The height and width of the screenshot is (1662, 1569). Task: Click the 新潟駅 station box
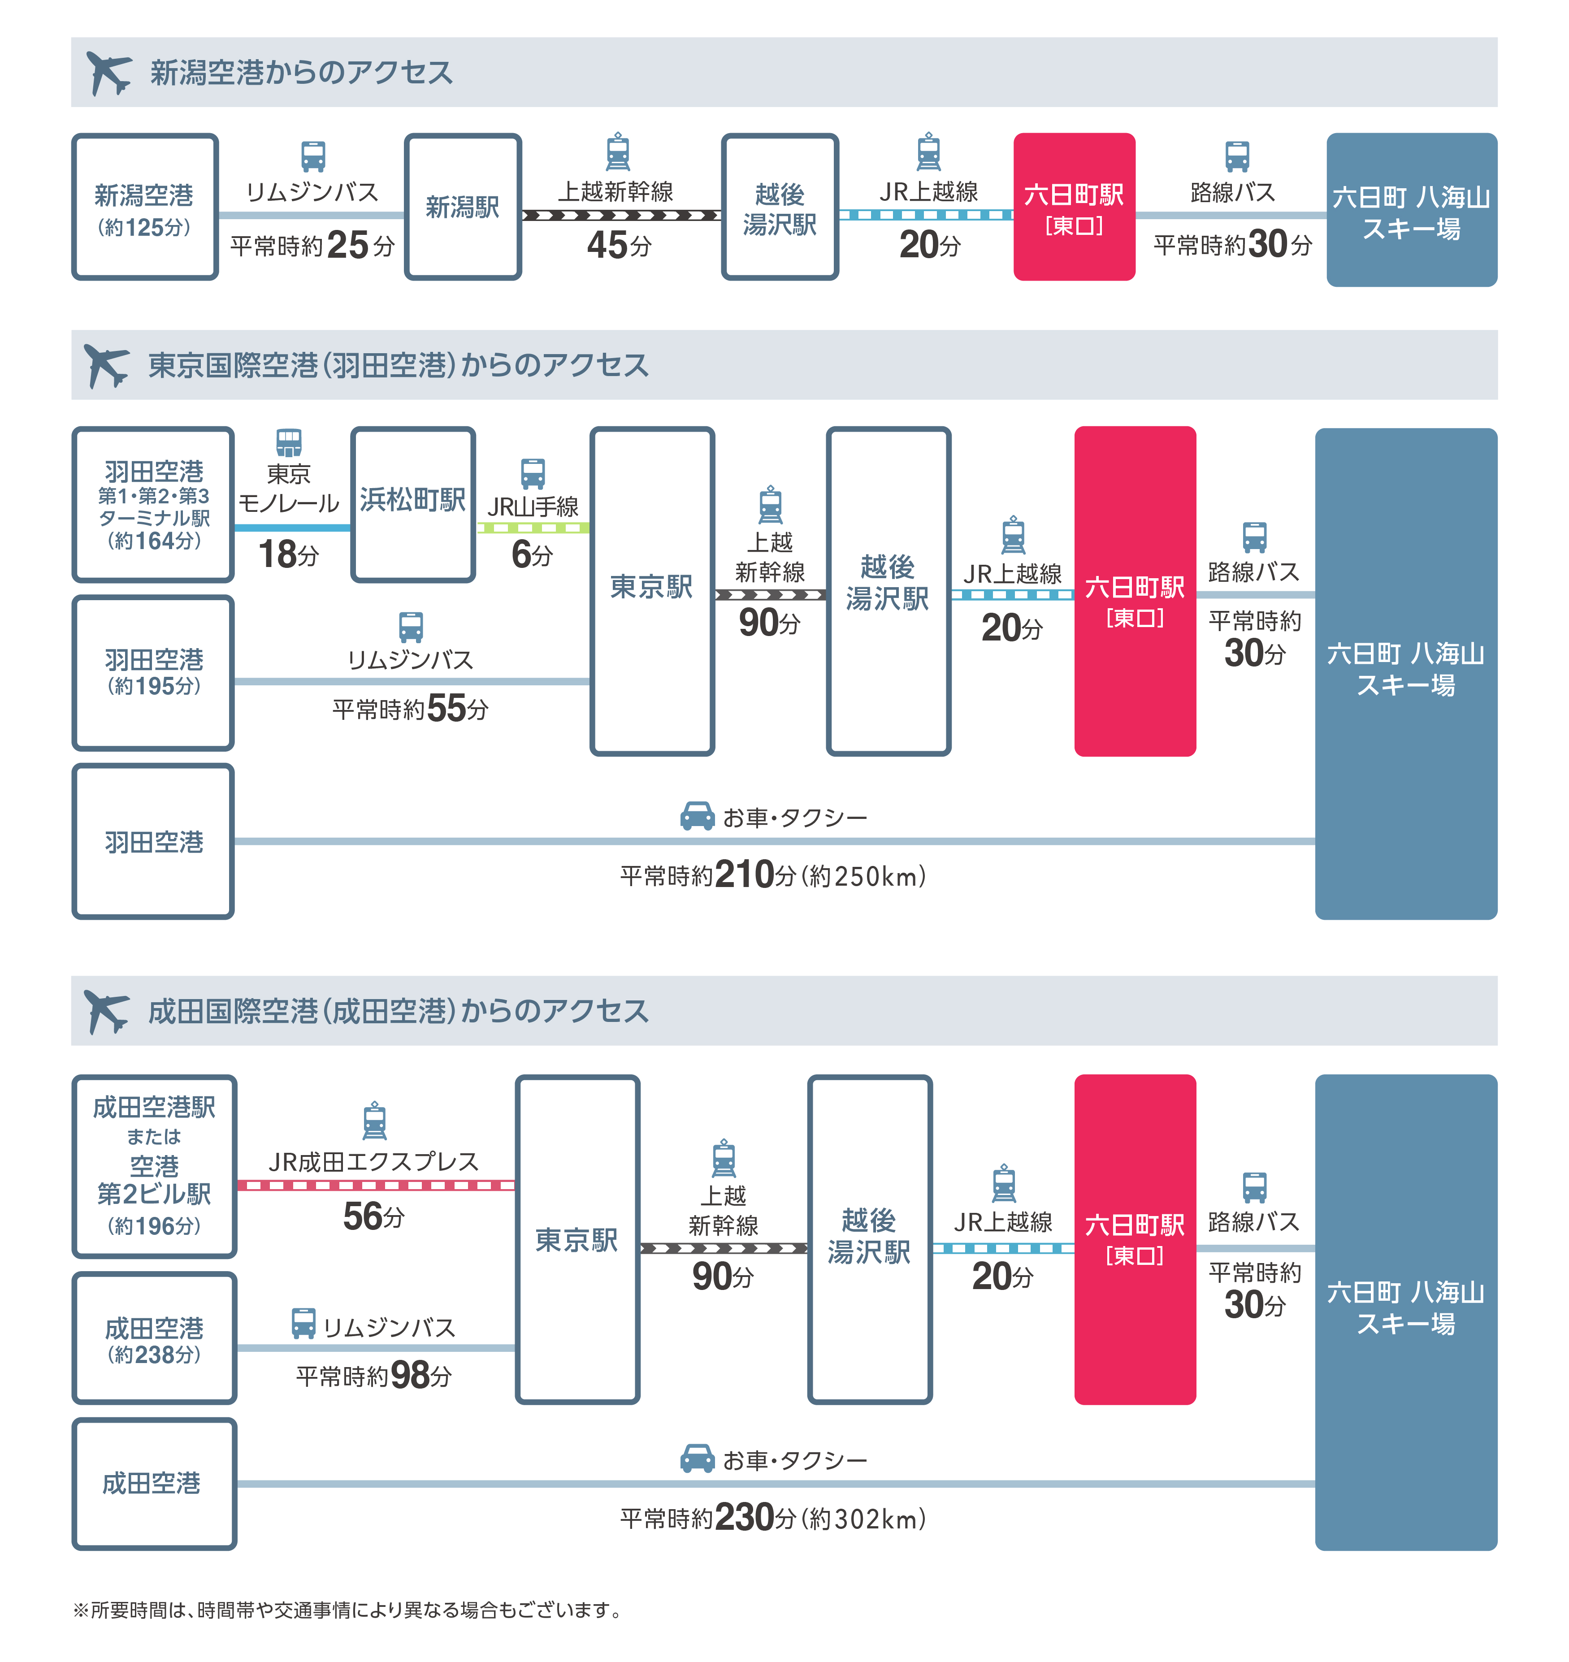click(x=463, y=207)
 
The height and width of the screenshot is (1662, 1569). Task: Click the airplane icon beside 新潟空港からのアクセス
click(x=109, y=73)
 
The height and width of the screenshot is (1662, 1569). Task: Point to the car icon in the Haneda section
click(x=697, y=815)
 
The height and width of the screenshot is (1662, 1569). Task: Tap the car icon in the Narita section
click(x=697, y=1458)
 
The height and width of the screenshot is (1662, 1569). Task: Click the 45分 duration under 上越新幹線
click(x=619, y=245)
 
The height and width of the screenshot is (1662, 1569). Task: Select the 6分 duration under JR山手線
click(x=532, y=554)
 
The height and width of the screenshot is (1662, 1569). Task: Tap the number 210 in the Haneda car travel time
click(x=744, y=874)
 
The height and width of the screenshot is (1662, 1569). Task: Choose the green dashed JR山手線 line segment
click(x=533, y=528)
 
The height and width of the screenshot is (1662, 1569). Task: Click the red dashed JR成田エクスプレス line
click(x=376, y=1185)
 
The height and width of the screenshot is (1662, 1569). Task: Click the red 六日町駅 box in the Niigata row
click(x=1074, y=207)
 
